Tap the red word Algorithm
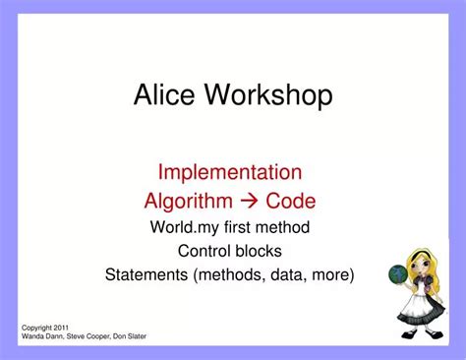coord(189,201)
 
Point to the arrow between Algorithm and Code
coord(251,201)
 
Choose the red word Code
coord(291,201)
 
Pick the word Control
coord(204,250)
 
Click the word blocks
coord(260,250)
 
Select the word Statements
coord(147,273)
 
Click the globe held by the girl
coord(398,275)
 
